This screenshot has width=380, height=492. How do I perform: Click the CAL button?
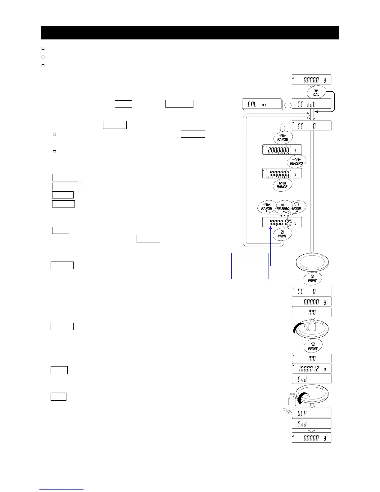point(316,93)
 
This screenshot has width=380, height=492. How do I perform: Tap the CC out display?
point(311,104)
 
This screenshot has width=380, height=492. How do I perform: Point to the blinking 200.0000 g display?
point(282,150)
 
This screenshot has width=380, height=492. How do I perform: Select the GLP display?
point(311,413)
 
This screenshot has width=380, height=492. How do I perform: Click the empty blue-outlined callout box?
point(250,266)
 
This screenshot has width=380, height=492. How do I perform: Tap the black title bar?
point(190,33)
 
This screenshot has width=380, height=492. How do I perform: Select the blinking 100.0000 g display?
point(282,173)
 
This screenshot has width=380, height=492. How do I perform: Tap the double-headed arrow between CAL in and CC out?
point(288,104)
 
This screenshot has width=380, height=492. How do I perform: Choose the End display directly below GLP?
point(311,424)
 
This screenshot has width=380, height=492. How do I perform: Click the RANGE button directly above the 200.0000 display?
point(283,138)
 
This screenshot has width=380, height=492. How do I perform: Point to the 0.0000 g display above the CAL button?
point(311,80)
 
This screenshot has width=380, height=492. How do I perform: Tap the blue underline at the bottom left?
point(61,489)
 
